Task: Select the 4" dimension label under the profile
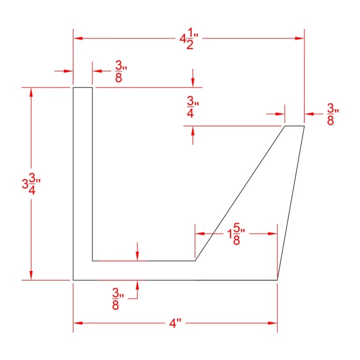click(175, 324)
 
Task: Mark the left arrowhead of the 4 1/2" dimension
click(77, 38)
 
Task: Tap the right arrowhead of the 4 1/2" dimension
click(300, 38)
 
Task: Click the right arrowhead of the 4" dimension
click(273, 323)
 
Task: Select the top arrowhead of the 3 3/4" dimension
click(31, 92)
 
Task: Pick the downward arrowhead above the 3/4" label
click(193, 83)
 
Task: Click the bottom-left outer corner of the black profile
click(73, 280)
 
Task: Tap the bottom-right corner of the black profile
click(277, 280)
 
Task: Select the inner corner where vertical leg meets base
click(92, 261)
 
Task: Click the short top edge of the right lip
click(295, 126)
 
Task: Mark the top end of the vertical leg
click(82, 87)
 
